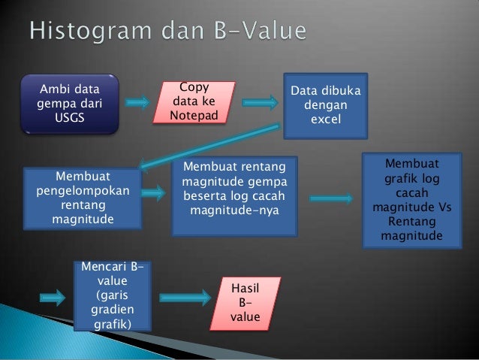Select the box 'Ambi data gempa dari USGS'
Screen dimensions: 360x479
(x=71, y=103)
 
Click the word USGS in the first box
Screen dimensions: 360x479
(x=71, y=119)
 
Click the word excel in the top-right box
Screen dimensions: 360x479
(x=326, y=120)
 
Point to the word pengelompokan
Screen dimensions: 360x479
(x=83, y=191)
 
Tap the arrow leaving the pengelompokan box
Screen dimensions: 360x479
(x=152, y=193)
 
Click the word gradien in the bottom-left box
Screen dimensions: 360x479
(x=112, y=310)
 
